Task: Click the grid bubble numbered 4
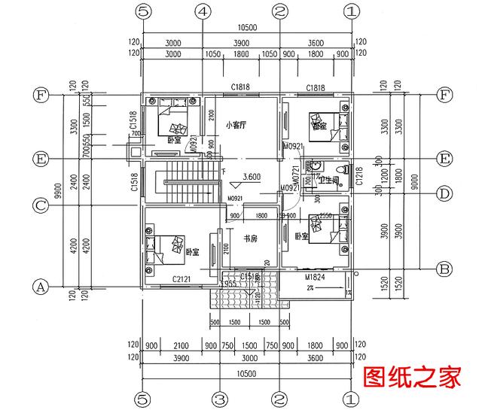[202, 11]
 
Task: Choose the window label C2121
[182, 279]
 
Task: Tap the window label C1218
[359, 176]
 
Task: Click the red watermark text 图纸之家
[411, 378]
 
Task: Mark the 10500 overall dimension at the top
[246, 28]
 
